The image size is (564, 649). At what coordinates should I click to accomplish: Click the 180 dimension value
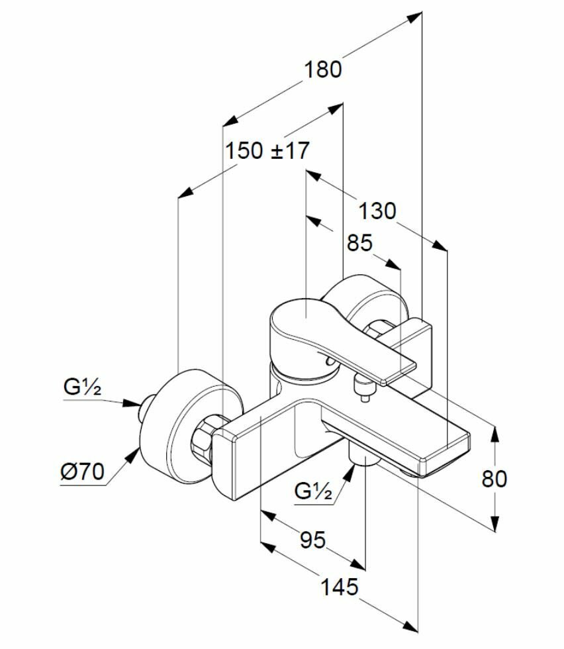[323, 69]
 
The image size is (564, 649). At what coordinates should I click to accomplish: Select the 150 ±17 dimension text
[267, 151]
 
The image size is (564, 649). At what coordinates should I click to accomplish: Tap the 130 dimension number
[377, 211]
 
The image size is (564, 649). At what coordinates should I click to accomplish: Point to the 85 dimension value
[360, 243]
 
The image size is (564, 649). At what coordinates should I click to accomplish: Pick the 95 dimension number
[312, 540]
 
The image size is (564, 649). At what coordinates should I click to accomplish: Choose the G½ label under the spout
[312, 491]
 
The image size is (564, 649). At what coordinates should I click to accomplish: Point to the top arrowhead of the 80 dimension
[494, 432]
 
